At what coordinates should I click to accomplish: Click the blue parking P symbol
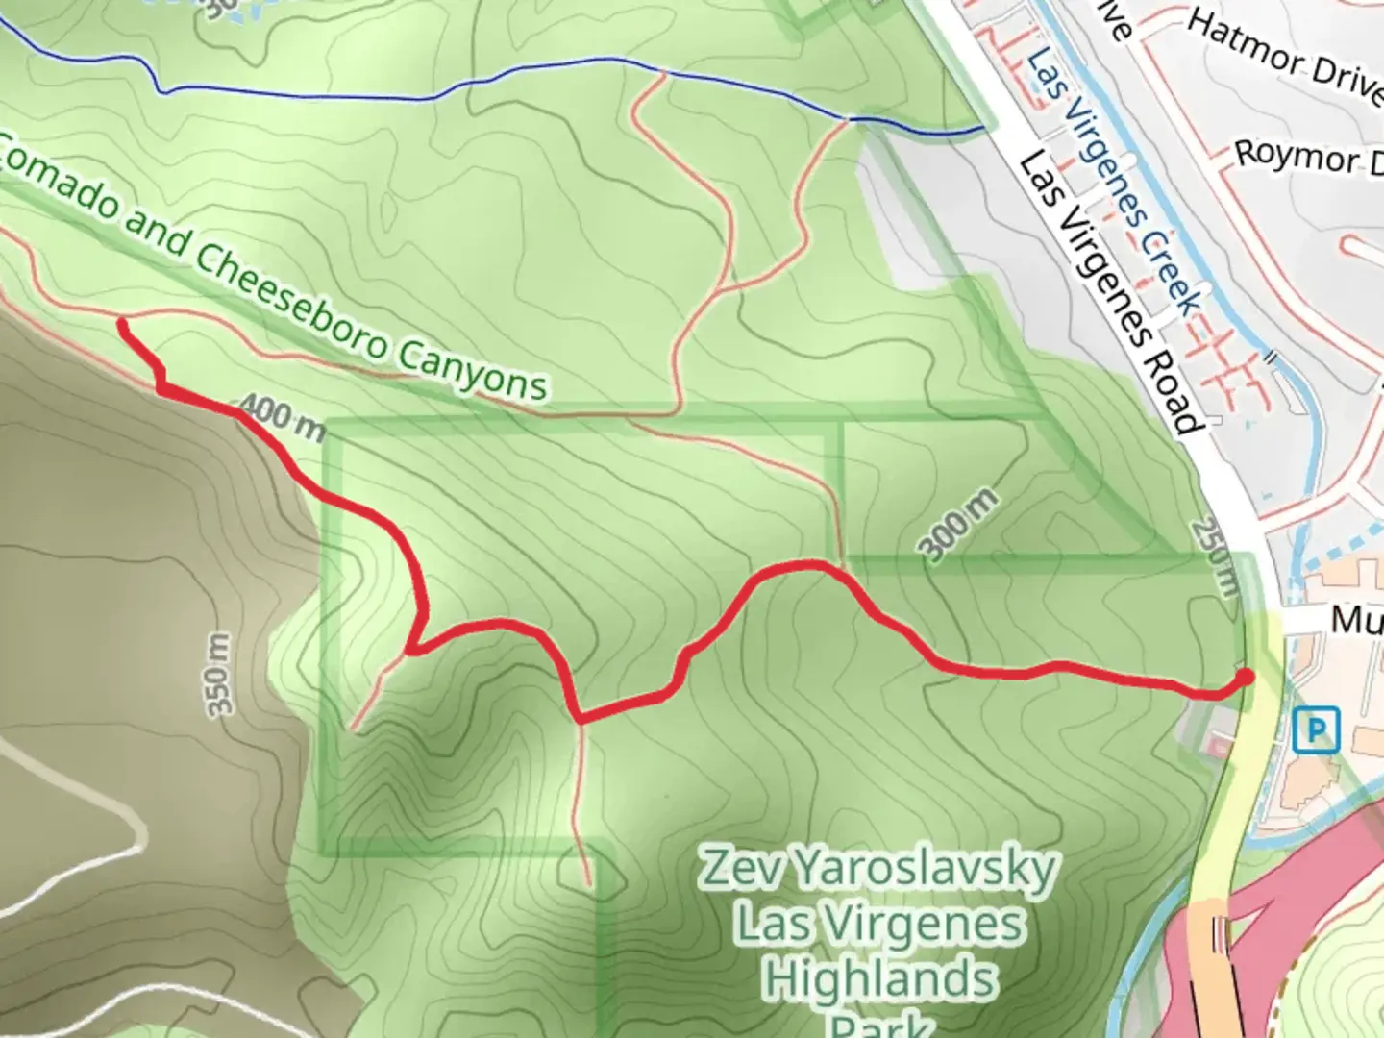pos(1316,729)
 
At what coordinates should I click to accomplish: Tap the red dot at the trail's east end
pos(1245,678)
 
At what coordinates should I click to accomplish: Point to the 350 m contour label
pos(220,674)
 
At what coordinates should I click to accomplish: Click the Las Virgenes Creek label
pos(1115,183)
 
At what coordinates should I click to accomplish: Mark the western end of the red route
pos(123,325)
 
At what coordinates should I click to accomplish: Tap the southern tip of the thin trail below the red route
pos(586,882)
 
